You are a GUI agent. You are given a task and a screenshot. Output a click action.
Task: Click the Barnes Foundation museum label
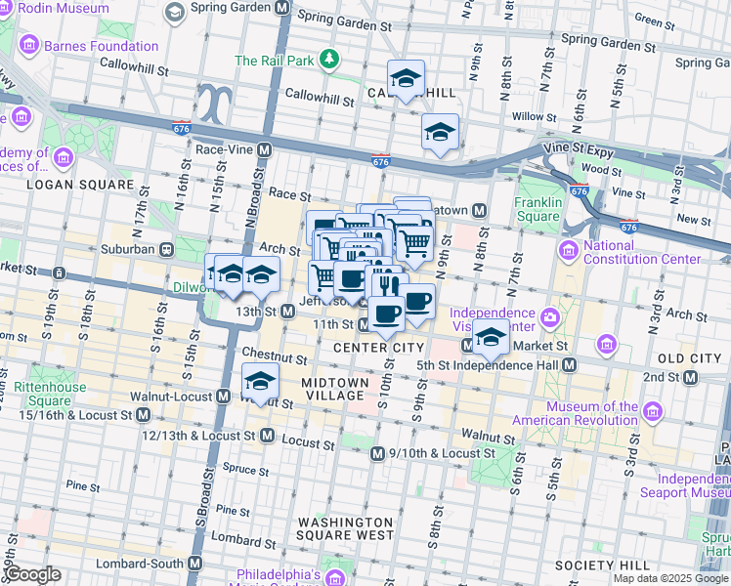[100, 46]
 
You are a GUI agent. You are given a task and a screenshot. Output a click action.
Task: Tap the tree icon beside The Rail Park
[330, 61]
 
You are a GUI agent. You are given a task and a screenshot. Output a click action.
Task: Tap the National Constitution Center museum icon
[570, 251]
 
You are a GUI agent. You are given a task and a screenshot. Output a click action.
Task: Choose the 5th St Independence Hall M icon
[570, 365]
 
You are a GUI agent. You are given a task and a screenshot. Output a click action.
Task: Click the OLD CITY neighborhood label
[690, 358]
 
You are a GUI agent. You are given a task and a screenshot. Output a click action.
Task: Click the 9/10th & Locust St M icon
[377, 454]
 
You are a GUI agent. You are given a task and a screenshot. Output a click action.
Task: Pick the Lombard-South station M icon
[194, 564]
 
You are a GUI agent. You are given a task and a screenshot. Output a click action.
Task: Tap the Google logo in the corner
[32, 574]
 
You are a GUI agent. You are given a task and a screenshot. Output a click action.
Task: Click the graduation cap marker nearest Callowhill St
[406, 79]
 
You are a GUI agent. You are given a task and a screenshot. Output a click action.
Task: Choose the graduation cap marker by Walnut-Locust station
[260, 381]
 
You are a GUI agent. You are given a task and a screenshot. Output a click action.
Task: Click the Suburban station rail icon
[166, 249]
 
